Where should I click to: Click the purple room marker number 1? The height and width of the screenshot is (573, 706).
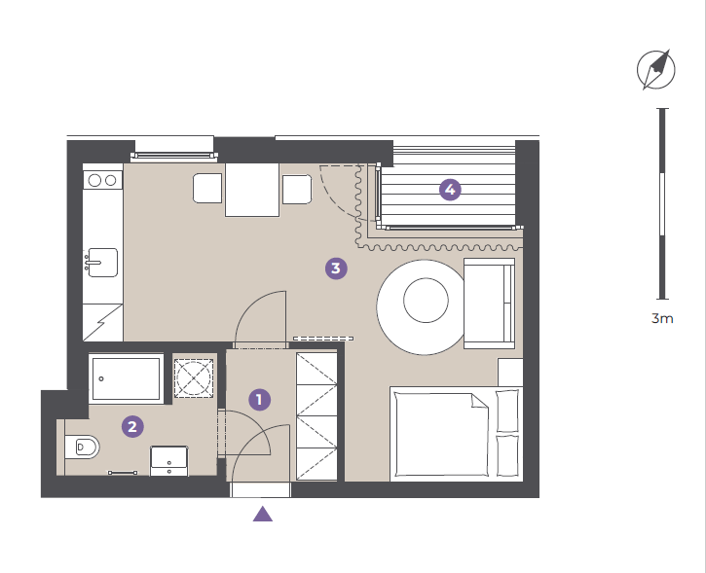[x=260, y=400]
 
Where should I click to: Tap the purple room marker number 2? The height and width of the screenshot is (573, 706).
[x=132, y=426]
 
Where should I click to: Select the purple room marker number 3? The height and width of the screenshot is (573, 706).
[x=336, y=269]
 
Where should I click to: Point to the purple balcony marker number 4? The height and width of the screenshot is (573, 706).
[x=450, y=190]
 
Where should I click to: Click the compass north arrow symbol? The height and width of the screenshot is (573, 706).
[x=656, y=70]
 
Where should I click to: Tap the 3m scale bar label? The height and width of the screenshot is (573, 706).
[x=662, y=318]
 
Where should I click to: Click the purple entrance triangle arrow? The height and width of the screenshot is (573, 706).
[x=263, y=514]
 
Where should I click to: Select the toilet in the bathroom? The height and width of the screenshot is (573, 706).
[x=82, y=448]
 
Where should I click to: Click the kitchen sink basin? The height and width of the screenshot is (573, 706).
[x=102, y=263]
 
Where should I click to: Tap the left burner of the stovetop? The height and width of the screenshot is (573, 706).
[x=94, y=180]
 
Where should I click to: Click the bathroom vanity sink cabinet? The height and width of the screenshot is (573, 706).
[x=168, y=461]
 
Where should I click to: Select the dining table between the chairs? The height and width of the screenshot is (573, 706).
[x=252, y=190]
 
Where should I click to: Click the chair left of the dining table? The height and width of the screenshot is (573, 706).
[x=207, y=189]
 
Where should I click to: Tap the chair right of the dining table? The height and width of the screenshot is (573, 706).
[x=297, y=189]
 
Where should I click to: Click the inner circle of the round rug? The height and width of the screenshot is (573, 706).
[x=426, y=300]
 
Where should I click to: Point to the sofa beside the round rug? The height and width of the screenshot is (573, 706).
[x=490, y=304]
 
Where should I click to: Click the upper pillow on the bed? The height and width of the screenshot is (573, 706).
[x=507, y=412]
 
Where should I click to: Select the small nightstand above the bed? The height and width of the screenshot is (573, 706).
[x=510, y=373]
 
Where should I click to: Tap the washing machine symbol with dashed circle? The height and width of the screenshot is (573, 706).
[x=194, y=377]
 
